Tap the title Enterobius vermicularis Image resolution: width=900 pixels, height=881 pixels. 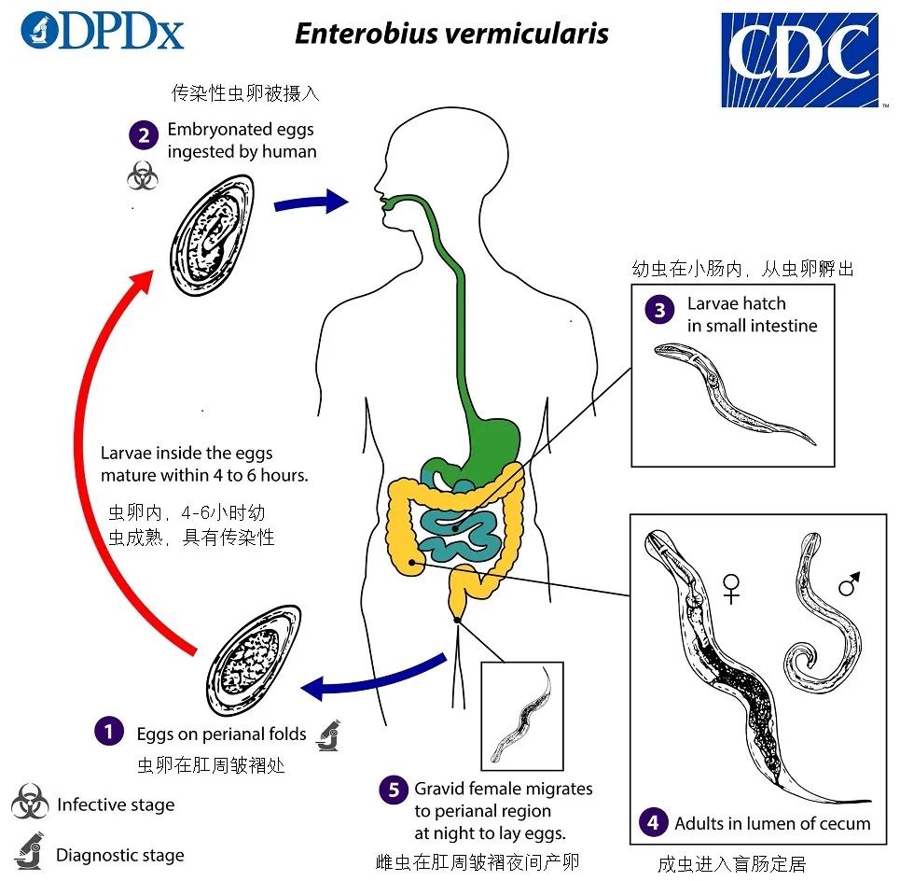pyautogui.click(x=452, y=34)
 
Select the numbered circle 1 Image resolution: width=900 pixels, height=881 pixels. pyautogui.click(x=109, y=732)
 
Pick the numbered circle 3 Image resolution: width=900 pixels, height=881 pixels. pyautogui.click(x=660, y=311)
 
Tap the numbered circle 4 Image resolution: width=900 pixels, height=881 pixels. pyautogui.click(x=654, y=822)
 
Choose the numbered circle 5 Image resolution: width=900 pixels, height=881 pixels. pyautogui.click(x=394, y=790)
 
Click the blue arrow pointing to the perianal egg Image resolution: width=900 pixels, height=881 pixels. pyautogui.click(x=373, y=679)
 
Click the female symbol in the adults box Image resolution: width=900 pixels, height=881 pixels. pyautogui.click(x=732, y=588)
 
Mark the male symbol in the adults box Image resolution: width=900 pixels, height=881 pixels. pyautogui.click(x=850, y=585)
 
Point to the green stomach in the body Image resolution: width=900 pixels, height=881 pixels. pyautogui.click(x=493, y=439)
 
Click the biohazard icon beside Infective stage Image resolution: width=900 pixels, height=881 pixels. pyautogui.click(x=30, y=804)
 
